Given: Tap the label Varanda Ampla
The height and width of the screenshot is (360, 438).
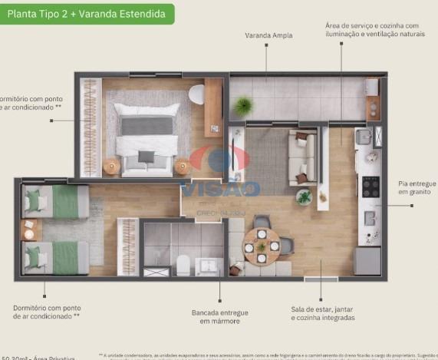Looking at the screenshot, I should click(x=266, y=35).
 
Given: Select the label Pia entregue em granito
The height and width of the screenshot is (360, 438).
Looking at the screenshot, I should click(x=417, y=188).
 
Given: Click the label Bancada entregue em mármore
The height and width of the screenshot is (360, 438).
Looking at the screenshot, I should click(x=219, y=316).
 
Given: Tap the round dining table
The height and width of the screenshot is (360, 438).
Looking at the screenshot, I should click(x=262, y=246).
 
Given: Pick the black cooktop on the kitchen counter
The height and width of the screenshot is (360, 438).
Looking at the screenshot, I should click(x=370, y=187).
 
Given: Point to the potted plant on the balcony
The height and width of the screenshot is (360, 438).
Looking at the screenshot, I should click(x=244, y=105).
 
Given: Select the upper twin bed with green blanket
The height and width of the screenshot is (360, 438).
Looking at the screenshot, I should click(x=55, y=203).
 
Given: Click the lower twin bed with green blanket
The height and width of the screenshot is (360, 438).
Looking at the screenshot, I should click(x=55, y=257).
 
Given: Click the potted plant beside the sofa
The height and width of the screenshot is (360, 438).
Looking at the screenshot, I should click(x=304, y=197).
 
